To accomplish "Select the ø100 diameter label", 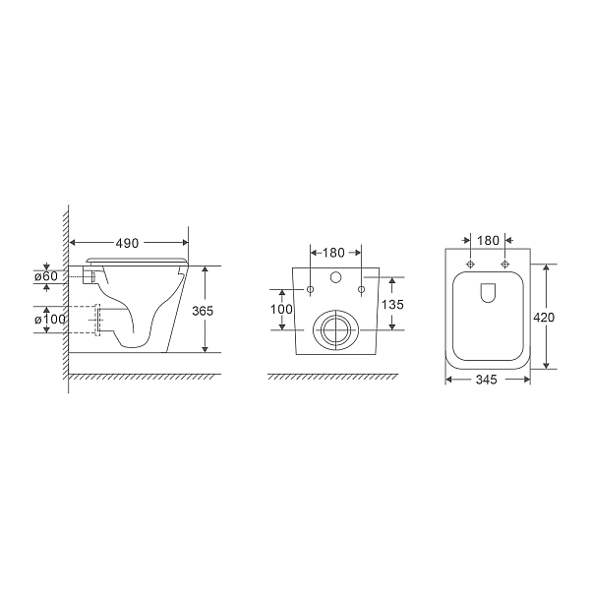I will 49,320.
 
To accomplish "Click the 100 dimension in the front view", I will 282,309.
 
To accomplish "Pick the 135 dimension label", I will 391,304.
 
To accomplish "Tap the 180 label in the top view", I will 489,241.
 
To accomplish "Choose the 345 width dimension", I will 488,378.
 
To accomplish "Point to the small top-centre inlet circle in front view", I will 336,278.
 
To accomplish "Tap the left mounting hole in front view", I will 311,290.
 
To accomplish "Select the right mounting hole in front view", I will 362,290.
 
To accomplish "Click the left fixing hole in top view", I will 471,265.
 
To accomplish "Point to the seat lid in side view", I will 138,259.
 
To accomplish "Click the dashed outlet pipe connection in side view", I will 96,321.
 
